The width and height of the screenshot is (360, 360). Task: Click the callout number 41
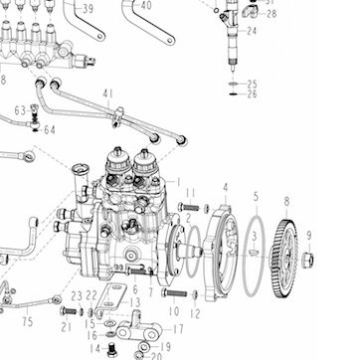(x=107, y=94)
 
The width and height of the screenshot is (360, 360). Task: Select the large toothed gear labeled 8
(x=282, y=259)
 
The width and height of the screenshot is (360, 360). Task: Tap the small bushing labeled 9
(x=307, y=260)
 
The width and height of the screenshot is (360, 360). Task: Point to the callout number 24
(x=252, y=31)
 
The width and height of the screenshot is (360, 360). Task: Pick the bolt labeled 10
(x=174, y=293)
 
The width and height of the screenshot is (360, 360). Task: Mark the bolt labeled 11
(x=189, y=207)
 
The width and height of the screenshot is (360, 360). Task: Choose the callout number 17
(x=178, y=329)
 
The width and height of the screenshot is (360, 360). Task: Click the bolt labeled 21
(x=69, y=311)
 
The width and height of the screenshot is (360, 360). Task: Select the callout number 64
(x=50, y=130)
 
